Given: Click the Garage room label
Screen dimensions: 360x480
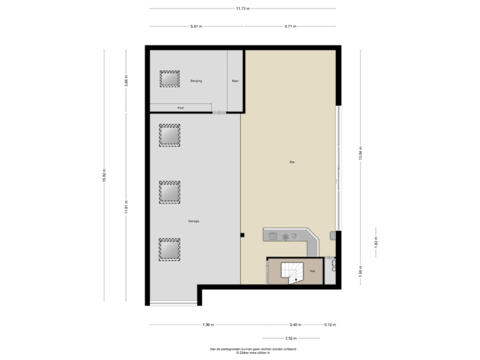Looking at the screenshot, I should pos(193,221).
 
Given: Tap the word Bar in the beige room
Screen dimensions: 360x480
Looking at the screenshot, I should pos(291,161).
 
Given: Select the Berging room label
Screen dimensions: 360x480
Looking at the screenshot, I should pos(196,81).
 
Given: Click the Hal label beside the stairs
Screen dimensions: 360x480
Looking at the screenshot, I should pos(312,271).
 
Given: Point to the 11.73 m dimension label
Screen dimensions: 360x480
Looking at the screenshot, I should pos(242,9).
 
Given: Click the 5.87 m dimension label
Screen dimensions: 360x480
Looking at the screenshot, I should pos(196,27).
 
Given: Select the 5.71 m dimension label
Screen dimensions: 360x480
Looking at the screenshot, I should pos(291,27).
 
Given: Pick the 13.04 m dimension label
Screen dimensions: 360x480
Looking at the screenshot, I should pos(361,154).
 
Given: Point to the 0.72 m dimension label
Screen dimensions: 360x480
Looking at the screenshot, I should pos(329,325).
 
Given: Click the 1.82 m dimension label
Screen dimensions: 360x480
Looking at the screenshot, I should pos(376,243).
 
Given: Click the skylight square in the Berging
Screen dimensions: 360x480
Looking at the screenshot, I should pos(169,79).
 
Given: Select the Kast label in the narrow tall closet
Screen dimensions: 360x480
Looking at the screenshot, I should pos(235,81).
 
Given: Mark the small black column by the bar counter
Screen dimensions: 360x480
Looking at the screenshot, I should pos(243,234).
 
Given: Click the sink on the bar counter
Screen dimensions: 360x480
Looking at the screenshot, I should pos(273,235).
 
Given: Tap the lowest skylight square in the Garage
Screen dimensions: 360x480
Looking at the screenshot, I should pos(169,249).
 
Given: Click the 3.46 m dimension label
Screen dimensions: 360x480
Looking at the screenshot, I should pos(293,325).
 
